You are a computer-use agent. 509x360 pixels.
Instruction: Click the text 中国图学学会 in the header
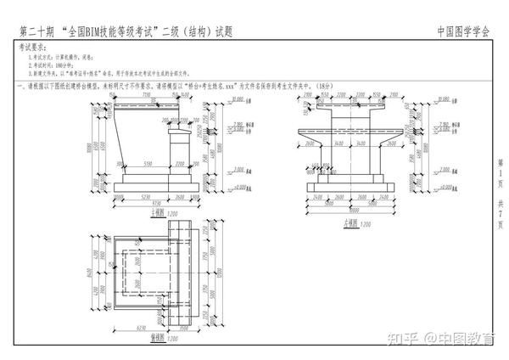pyautogui.click(x=463, y=31)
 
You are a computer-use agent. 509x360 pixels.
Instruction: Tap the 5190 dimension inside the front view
pyautogui.click(x=147, y=163)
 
